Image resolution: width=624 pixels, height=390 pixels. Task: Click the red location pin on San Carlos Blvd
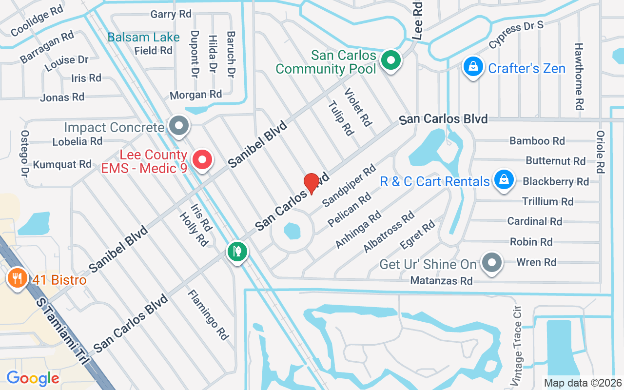click(x=311, y=183)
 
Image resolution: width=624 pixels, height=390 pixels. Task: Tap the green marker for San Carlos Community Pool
click(x=390, y=61)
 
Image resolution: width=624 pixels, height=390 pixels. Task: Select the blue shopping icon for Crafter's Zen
click(x=472, y=67)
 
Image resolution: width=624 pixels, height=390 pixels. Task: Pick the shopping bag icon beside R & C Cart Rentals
click(x=504, y=180)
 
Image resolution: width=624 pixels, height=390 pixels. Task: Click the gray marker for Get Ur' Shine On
click(x=492, y=263)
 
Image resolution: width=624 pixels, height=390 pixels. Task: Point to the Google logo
click(x=33, y=378)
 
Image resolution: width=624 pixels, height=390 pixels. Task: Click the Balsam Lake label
click(x=143, y=37)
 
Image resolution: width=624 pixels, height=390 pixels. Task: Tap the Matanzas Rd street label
click(x=441, y=281)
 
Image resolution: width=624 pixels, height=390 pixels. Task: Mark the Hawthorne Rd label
click(x=579, y=76)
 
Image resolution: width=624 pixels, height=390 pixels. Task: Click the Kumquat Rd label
click(x=62, y=164)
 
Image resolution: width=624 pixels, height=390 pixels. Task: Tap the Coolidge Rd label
click(x=37, y=21)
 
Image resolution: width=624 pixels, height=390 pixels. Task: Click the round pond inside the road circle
click(x=292, y=231)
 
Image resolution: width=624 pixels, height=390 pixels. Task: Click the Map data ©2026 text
click(x=583, y=383)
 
